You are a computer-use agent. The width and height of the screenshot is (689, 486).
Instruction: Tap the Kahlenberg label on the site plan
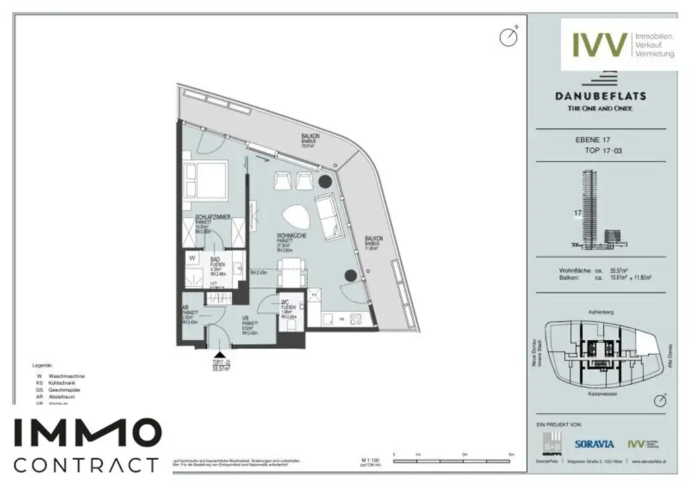[600, 313]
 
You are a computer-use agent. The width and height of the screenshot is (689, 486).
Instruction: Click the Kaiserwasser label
[602, 393]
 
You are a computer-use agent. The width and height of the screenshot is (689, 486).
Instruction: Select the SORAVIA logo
[594, 444]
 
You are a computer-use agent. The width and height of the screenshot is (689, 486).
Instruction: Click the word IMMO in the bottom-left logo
[87, 432]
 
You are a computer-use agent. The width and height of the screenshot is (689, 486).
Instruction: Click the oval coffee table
[293, 216]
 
